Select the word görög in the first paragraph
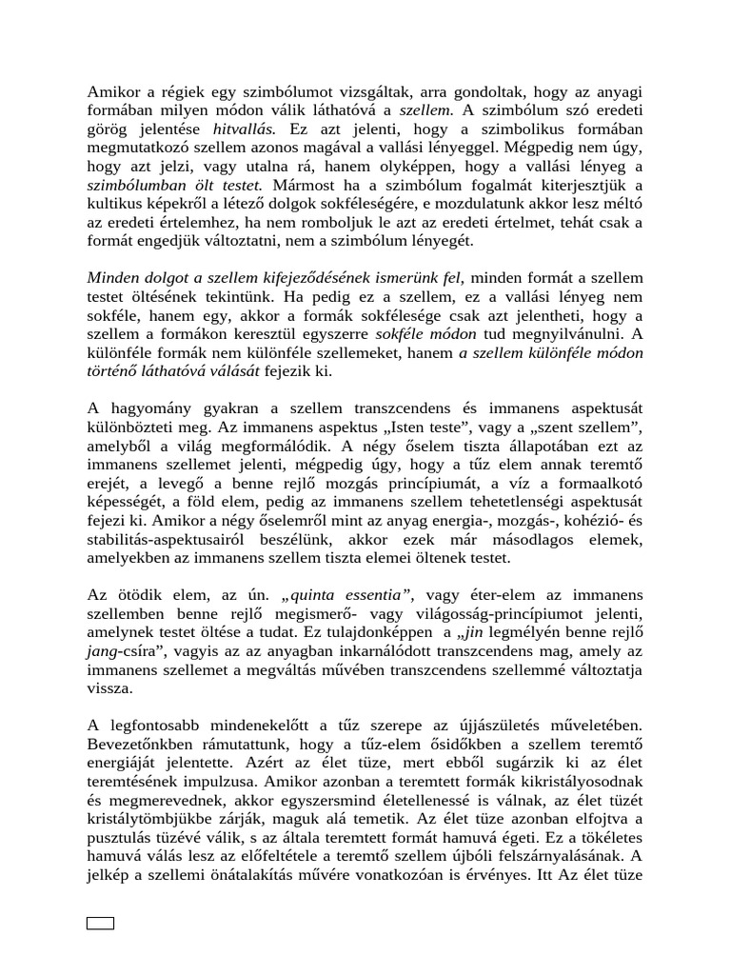tap(108, 127)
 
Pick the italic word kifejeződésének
tap(338, 277)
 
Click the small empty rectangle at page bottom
tap(100, 923)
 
